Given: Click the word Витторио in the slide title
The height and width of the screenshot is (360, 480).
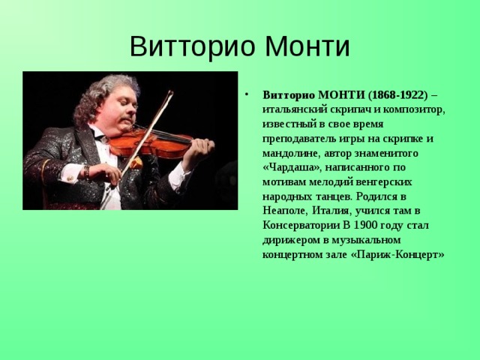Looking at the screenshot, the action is point(193,46).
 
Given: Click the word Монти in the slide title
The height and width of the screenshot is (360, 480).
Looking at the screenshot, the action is point(307,46).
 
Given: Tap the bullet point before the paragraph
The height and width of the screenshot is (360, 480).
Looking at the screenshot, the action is point(247,94).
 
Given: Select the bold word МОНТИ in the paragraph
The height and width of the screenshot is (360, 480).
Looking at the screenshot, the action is point(341,95).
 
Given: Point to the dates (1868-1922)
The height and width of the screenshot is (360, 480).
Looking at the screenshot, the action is point(397,95).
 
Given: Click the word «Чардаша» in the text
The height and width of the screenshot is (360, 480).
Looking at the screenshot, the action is point(292,168).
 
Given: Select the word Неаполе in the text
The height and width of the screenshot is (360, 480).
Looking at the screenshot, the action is point(284,211).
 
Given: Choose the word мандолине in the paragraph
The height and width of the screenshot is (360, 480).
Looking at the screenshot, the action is point(291,153).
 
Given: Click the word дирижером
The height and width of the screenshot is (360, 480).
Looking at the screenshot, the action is point(291,240).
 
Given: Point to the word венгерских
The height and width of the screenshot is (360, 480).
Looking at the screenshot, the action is point(385,182).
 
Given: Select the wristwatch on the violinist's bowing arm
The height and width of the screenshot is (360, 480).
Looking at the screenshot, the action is point(87,173).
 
